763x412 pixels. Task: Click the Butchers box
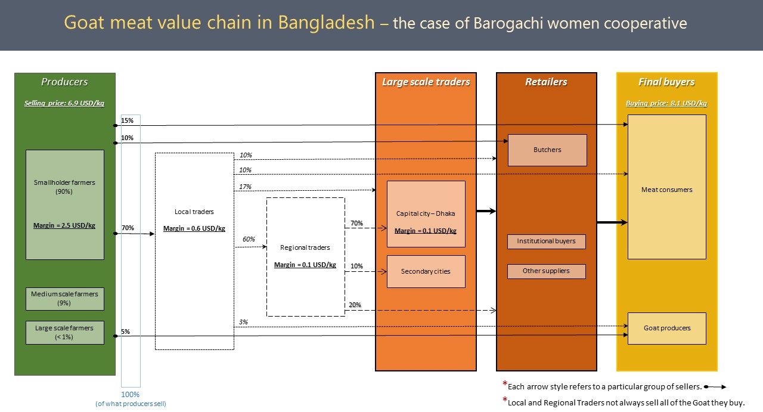547,150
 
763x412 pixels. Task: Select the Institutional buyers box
547,241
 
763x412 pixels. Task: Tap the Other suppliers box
547,271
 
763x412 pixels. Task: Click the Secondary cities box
426,272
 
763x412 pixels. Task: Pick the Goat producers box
667,328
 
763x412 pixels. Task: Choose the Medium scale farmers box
65,299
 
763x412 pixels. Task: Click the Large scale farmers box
65,333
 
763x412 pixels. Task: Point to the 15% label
128,120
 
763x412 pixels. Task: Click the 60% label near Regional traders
249,239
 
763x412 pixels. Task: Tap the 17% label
245,187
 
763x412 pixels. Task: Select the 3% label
243,322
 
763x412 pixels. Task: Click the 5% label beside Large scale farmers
125,332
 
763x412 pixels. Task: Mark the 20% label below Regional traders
355,305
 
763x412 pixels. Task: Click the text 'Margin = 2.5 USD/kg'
64,225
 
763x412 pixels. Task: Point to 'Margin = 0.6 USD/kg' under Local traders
194,228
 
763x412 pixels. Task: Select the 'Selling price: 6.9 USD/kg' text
64,103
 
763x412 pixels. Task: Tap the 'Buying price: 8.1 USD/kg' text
666,103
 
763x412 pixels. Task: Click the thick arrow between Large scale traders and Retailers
486,211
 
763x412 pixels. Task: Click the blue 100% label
131,395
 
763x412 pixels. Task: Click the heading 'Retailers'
547,82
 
